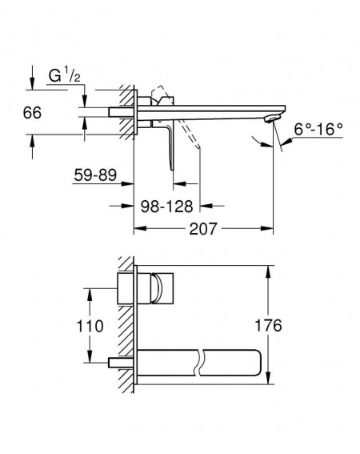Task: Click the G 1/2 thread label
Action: point(64,75)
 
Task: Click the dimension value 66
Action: point(32,112)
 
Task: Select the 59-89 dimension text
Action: point(95,175)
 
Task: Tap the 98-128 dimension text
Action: point(166,206)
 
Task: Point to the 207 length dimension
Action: point(203,228)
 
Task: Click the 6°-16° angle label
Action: point(318,129)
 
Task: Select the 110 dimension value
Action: point(90,326)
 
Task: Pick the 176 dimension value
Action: point(268,325)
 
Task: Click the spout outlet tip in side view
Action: point(272,119)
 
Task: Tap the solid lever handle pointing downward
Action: point(170,145)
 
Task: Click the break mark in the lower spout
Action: point(200,363)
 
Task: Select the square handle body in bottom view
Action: point(146,288)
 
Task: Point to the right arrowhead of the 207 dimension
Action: point(267,228)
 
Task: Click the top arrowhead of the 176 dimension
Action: point(269,272)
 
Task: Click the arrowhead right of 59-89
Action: point(127,183)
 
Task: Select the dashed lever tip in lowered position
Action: point(198,147)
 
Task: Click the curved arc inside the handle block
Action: point(156,288)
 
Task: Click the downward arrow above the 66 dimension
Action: point(32,83)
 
